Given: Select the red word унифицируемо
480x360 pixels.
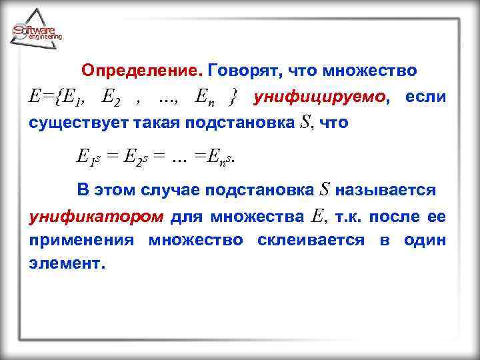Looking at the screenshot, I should [x=321, y=98].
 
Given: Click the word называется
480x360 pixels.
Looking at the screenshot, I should [x=387, y=190].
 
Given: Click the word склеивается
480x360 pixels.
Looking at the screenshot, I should [x=311, y=240].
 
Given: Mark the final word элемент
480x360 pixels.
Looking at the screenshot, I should [x=67, y=263].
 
